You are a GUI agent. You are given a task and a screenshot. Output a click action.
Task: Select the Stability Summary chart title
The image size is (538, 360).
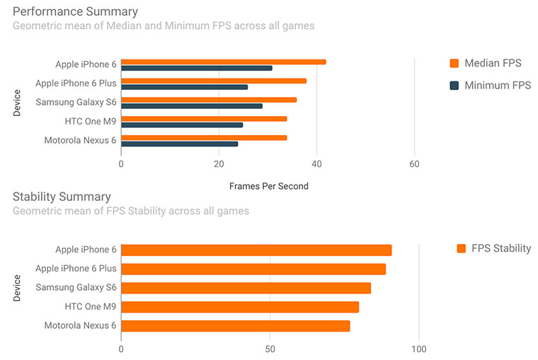pos(62,197)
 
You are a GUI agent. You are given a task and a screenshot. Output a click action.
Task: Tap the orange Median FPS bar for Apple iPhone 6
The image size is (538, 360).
pos(223,62)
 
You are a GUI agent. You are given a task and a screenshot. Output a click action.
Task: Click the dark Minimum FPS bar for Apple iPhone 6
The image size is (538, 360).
pos(196,68)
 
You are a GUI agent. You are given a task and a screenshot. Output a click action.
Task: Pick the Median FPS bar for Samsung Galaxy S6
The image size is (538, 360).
pos(208,100)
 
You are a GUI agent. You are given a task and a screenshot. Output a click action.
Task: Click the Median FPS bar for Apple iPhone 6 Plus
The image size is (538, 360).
pos(213,81)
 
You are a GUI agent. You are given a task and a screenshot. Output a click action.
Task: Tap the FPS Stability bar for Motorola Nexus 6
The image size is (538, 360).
pos(235,326)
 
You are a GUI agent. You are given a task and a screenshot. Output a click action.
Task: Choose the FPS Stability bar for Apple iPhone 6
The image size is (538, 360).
pos(256,250)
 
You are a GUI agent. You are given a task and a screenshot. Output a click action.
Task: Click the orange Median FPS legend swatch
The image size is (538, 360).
pos(455,64)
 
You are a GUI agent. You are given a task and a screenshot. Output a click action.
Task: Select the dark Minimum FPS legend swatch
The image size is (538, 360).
pos(455,86)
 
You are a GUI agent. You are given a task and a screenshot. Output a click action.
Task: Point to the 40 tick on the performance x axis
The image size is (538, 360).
pos(316,164)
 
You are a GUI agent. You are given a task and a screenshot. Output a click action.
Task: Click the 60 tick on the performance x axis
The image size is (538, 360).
pos(414,164)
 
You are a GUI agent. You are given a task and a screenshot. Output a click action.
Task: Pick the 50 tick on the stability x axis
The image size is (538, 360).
pos(270,349)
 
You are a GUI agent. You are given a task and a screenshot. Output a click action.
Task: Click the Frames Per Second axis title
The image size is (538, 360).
pos(268,186)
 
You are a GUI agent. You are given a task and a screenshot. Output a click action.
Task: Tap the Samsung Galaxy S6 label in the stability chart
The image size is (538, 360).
pos(76,288)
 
